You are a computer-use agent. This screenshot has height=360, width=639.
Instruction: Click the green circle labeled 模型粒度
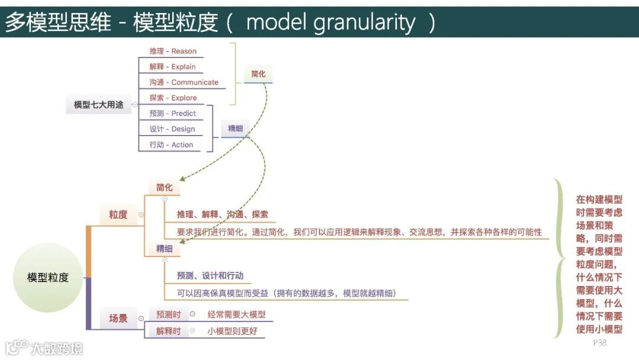point(47,277)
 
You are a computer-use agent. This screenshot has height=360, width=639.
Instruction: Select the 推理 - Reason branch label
point(173,52)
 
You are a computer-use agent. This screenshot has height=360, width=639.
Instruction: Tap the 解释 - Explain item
point(172,67)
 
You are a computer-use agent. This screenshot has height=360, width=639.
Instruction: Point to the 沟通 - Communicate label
point(183,82)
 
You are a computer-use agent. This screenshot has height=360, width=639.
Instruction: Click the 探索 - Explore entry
point(173,98)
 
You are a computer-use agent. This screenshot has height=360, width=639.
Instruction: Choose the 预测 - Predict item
point(172,113)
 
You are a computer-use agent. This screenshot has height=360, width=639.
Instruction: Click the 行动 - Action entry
point(171,144)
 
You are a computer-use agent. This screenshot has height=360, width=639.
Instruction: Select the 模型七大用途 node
point(98,105)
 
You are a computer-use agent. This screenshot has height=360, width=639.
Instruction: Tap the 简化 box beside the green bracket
point(259,74)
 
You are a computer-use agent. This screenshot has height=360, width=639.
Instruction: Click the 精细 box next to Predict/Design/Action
point(235,128)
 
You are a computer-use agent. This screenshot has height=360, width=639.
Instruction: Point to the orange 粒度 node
point(118,214)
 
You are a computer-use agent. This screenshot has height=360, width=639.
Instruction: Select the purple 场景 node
point(118,318)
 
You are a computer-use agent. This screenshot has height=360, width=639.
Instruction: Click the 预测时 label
point(169,315)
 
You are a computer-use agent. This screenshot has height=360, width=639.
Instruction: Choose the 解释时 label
point(169,331)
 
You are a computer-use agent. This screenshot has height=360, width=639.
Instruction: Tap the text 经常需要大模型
point(237,315)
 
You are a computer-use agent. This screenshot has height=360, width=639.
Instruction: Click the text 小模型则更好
point(233,331)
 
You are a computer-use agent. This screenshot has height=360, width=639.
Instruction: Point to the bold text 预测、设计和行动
point(210,275)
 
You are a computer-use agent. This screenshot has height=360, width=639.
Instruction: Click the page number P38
point(600,343)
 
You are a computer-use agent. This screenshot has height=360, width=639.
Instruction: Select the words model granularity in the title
point(331,22)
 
